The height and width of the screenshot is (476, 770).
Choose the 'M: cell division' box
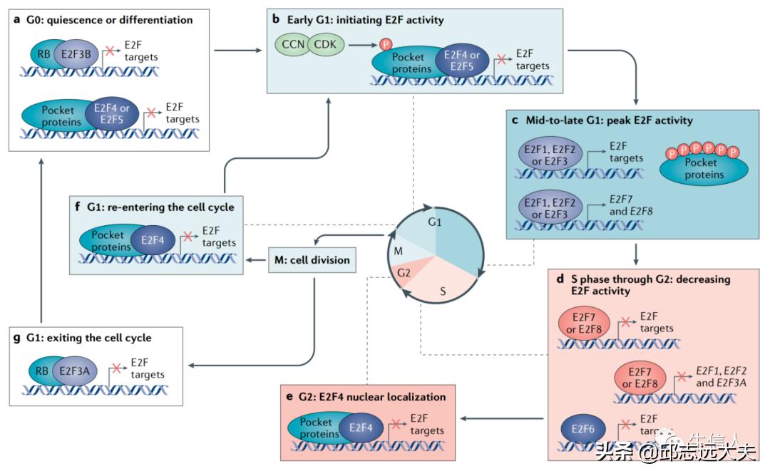coord(312,260)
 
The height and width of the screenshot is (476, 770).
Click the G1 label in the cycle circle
coord(436,223)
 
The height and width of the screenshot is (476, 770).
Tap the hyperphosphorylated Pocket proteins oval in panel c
coord(704,168)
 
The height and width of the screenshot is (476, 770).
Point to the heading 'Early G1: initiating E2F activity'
coord(365,19)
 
